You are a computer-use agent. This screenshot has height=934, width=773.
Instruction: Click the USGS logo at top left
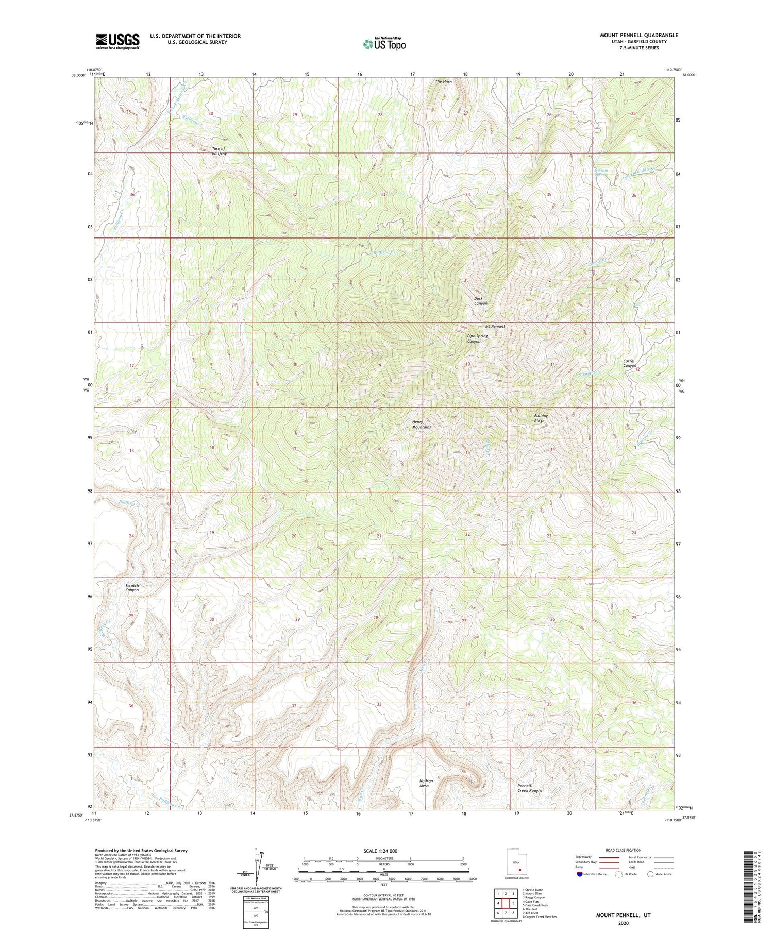point(117,41)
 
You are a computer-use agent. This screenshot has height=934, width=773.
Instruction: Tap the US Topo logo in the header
point(384,44)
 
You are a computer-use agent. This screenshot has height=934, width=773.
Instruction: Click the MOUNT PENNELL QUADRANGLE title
point(638,35)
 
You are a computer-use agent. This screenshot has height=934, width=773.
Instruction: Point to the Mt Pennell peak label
point(495,327)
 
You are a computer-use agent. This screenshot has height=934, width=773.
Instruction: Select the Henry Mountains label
point(421,424)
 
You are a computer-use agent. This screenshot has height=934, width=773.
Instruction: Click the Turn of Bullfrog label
point(219,151)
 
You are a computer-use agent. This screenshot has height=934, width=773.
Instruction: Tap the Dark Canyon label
point(480,301)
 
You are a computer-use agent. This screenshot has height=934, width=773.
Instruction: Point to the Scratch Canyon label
point(132,588)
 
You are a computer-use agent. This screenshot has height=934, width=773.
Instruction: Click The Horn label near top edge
point(443,81)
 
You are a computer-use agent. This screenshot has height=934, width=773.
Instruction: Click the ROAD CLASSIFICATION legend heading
point(623,850)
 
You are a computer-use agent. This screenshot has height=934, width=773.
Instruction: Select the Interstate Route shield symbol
point(580,874)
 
